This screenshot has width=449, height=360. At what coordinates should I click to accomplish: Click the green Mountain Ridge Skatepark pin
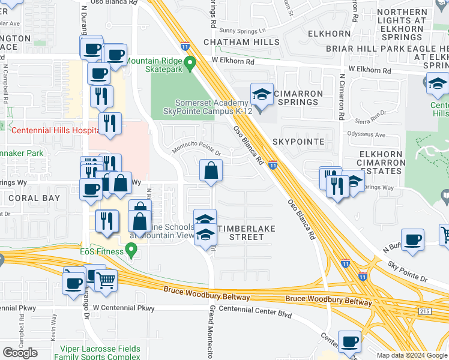(x=190, y=62)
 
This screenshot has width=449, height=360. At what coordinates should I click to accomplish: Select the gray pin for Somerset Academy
(x=260, y=109)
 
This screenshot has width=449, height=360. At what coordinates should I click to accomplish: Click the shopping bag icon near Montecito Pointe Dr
(x=211, y=171)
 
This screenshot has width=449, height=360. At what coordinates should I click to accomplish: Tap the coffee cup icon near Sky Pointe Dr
(x=412, y=239)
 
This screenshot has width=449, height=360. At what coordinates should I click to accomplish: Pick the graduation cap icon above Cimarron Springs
(x=262, y=94)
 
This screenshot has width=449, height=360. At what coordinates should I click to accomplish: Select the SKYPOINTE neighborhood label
(x=298, y=142)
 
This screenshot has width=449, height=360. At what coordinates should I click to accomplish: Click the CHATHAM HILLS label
(x=241, y=42)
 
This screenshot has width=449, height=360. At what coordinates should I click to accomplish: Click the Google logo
(x=20, y=352)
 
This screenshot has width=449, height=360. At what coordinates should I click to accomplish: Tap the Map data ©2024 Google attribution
(x=412, y=355)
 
